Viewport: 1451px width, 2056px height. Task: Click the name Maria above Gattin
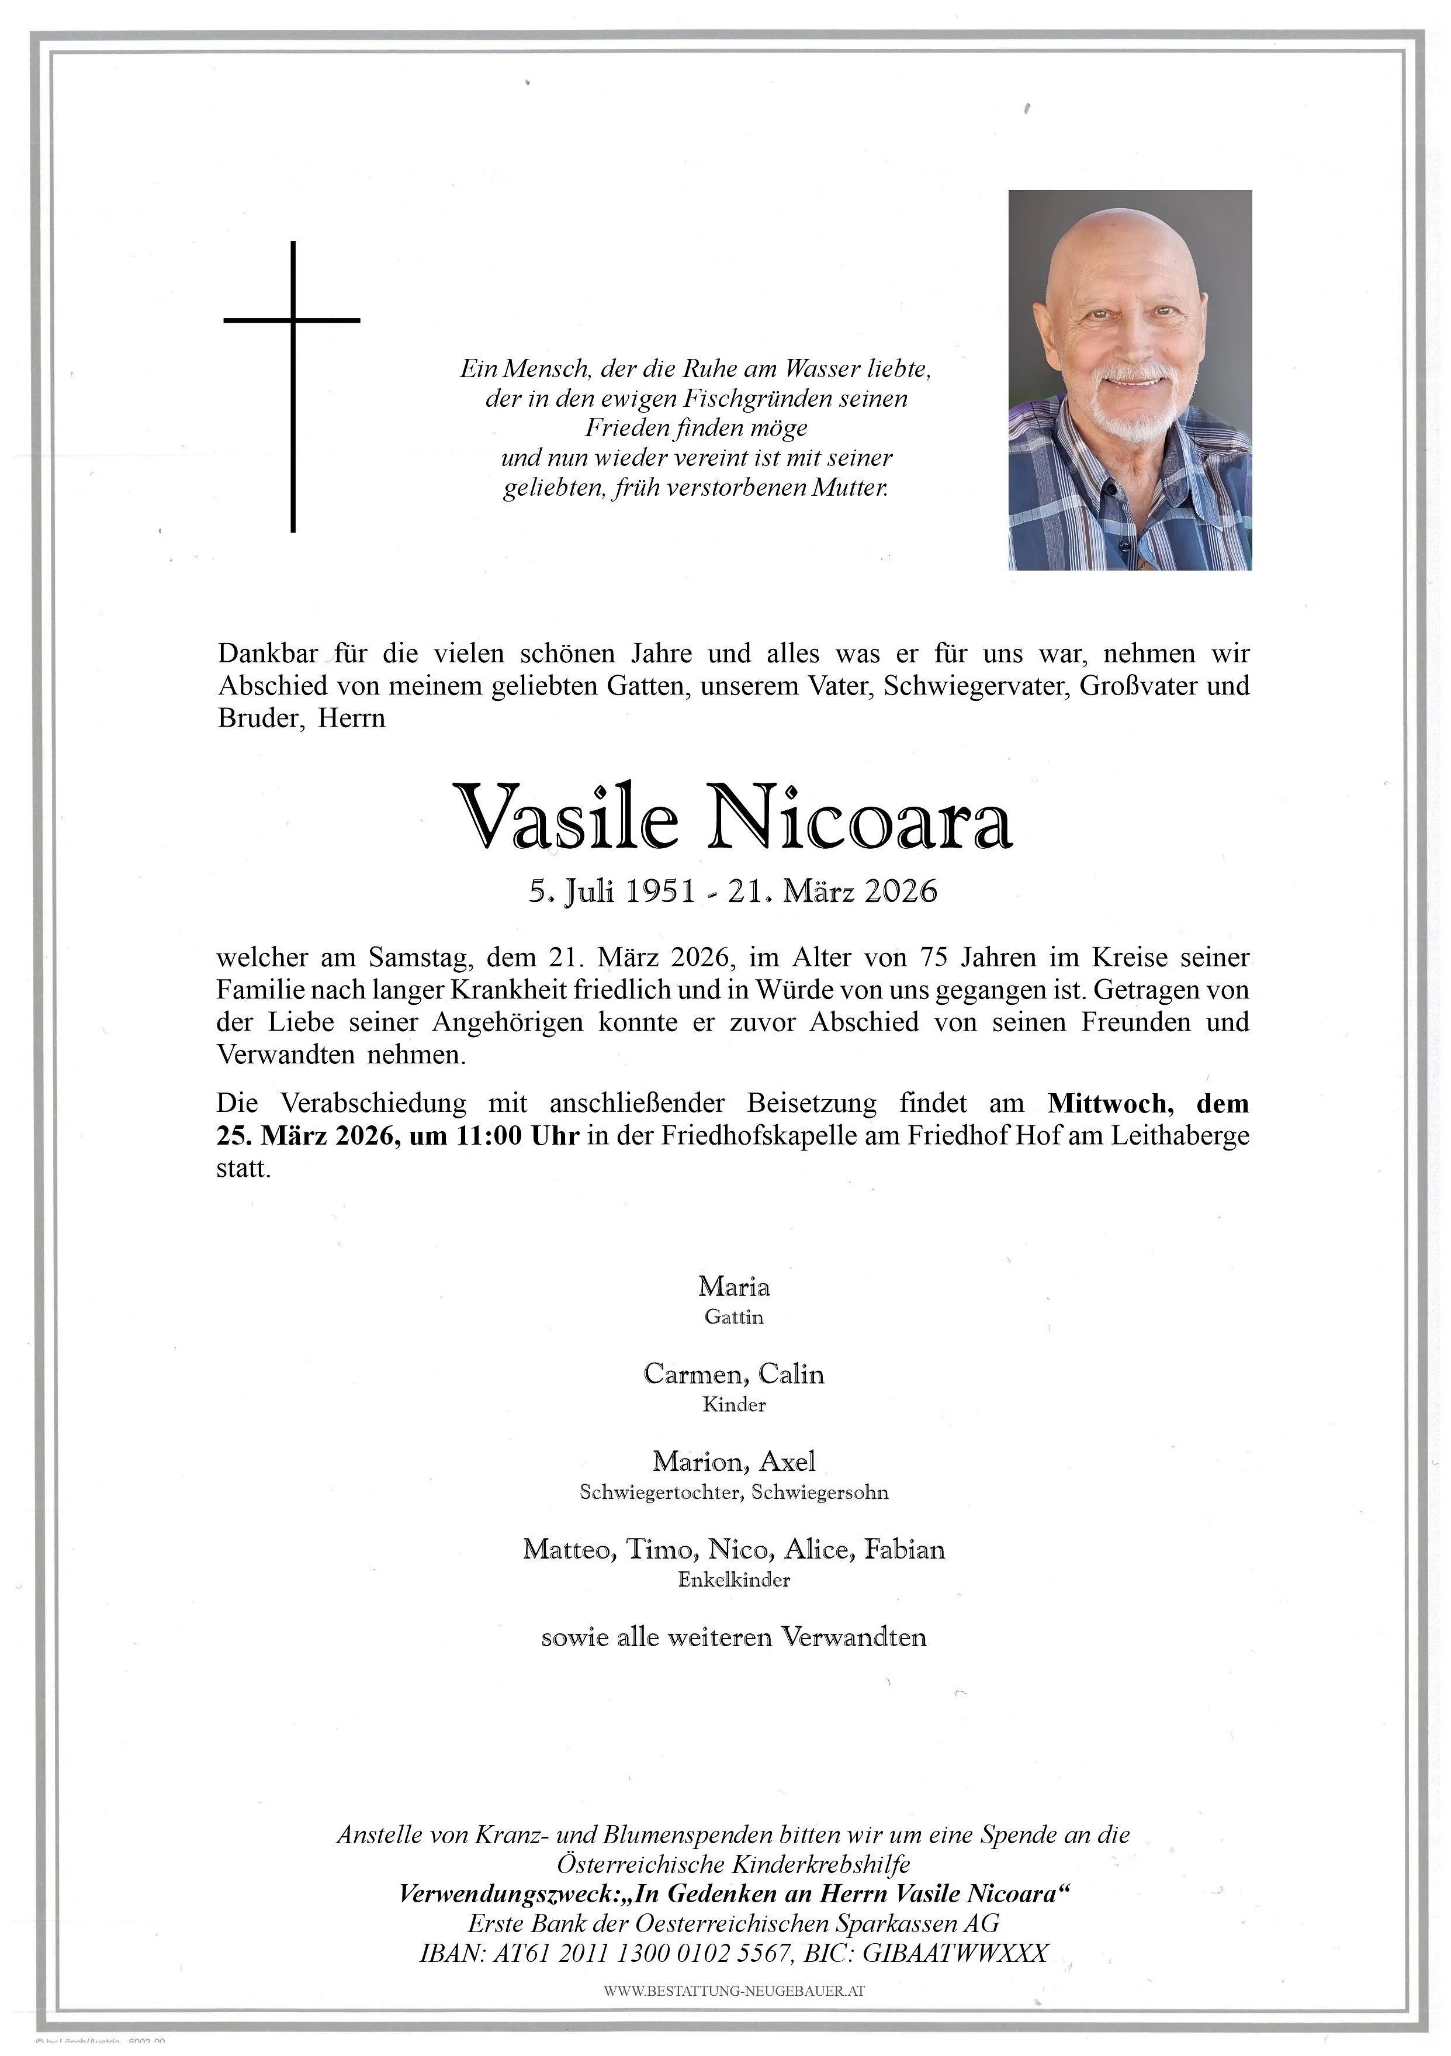pyautogui.click(x=733, y=1287)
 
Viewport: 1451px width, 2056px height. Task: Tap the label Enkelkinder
pyautogui.click(x=733, y=1580)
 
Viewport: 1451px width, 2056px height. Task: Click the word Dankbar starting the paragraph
pyautogui.click(x=266, y=654)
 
